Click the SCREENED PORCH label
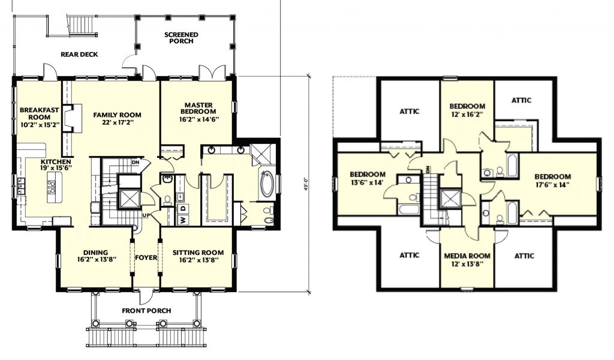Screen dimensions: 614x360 coord(181,38)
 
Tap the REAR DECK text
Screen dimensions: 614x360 coord(79,55)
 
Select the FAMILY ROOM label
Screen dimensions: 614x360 coord(117,115)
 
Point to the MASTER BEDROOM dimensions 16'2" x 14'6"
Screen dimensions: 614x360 coord(199,119)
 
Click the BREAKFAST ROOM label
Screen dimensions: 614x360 coord(39,113)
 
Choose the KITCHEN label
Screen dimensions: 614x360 coord(56,161)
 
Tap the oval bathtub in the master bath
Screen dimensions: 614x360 coord(268,182)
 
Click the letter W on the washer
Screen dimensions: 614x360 coord(183,220)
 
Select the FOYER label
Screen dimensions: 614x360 coord(146,257)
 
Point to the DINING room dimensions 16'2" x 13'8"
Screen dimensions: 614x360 coord(97,259)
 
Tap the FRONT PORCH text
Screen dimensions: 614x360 coord(146,311)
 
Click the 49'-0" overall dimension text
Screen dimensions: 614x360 coord(306,183)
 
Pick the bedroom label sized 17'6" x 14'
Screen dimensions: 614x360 coord(552,180)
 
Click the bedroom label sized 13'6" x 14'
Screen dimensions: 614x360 coord(367,178)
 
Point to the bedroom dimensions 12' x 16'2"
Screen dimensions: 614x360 coord(466,114)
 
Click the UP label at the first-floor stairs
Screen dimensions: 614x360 coord(146,215)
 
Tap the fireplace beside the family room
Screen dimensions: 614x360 coord(73,119)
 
